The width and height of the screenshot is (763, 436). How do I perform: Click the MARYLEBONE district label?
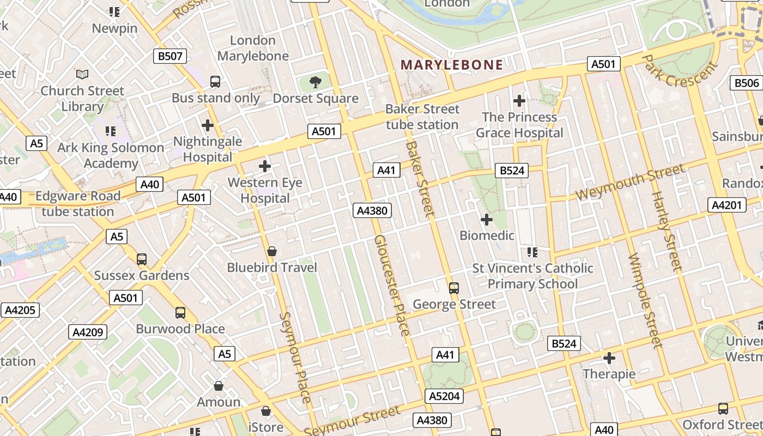[452, 65]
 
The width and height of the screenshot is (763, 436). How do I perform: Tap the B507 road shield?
[170, 56]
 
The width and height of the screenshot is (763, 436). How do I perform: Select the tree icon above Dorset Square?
[315, 82]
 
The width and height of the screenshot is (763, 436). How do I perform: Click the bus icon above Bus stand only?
[215, 82]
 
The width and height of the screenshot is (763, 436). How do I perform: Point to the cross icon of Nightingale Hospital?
[207, 125]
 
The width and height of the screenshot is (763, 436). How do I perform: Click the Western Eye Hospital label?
[265, 190]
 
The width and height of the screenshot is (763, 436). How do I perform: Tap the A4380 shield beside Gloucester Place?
[372, 210]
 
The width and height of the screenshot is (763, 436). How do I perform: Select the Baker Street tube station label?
[422, 117]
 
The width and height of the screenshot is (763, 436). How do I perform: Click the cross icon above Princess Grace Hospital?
[519, 101]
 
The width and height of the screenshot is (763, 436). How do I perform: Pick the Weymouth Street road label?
[629, 182]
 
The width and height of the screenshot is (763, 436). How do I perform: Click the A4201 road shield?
[726, 205]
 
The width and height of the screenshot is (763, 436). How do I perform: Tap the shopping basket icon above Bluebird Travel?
[271, 251]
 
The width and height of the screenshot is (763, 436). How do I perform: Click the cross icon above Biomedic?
[487, 220]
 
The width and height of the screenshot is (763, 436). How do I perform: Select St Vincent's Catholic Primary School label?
[532, 276]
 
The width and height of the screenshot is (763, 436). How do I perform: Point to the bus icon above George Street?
[453, 288]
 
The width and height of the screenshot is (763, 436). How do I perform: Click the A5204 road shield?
[444, 396]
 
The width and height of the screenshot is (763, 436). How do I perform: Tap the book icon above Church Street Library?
[82, 74]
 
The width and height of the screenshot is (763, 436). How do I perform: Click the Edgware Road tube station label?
[77, 203]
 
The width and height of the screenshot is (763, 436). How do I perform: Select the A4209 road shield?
[88, 332]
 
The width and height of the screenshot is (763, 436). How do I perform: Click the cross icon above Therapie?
[609, 358]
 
